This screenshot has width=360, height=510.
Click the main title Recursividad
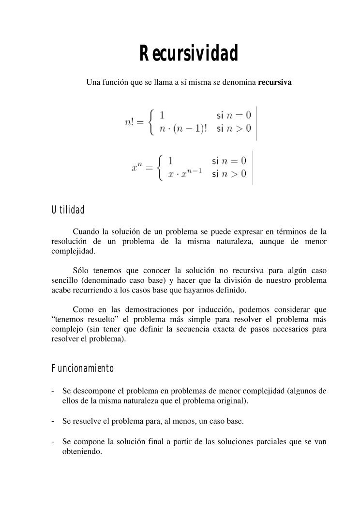[189, 54]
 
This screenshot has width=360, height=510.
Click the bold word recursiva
[275, 82]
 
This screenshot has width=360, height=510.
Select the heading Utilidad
[68, 210]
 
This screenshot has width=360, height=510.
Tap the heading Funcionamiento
[82, 369]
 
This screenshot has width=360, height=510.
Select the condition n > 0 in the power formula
[234, 174]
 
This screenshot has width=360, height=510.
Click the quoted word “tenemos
[68, 319]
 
